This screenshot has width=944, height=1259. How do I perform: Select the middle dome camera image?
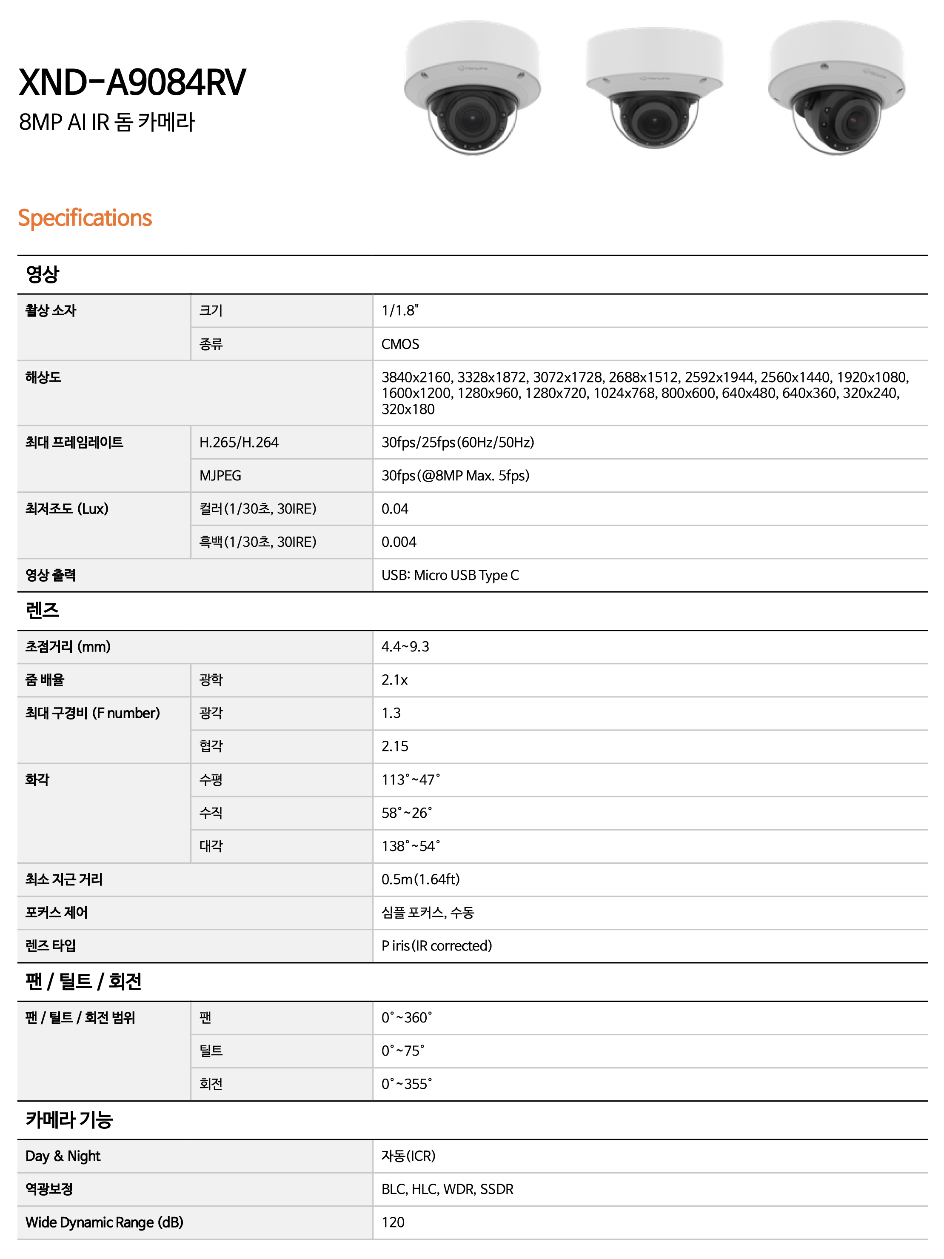click(x=654, y=88)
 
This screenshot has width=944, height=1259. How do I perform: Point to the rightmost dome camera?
click(x=836, y=88)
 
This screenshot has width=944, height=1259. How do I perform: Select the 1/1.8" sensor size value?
click(x=400, y=310)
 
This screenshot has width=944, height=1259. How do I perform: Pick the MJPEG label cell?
click(x=220, y=475)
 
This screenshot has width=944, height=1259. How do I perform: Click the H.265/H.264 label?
click(x=239, y=442)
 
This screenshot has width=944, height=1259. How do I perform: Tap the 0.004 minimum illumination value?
click(x=399, y=542)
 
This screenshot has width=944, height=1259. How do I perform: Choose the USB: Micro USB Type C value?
click(x=450, y=575)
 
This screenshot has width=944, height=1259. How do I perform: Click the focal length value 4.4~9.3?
click(x=405, y=647)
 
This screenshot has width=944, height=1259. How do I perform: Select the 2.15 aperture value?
click(x=395, y=746)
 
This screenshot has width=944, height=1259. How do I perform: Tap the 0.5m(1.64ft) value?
click(x=420, y=879)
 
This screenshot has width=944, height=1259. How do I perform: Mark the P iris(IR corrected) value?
click(x=436, y=945)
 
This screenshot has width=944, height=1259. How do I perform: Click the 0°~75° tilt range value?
click(x=403, y=1050)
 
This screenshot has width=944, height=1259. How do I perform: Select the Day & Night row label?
click(x=63, y=1156)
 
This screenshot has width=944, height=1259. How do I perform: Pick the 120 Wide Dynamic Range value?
click(x=393, y=1222)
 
